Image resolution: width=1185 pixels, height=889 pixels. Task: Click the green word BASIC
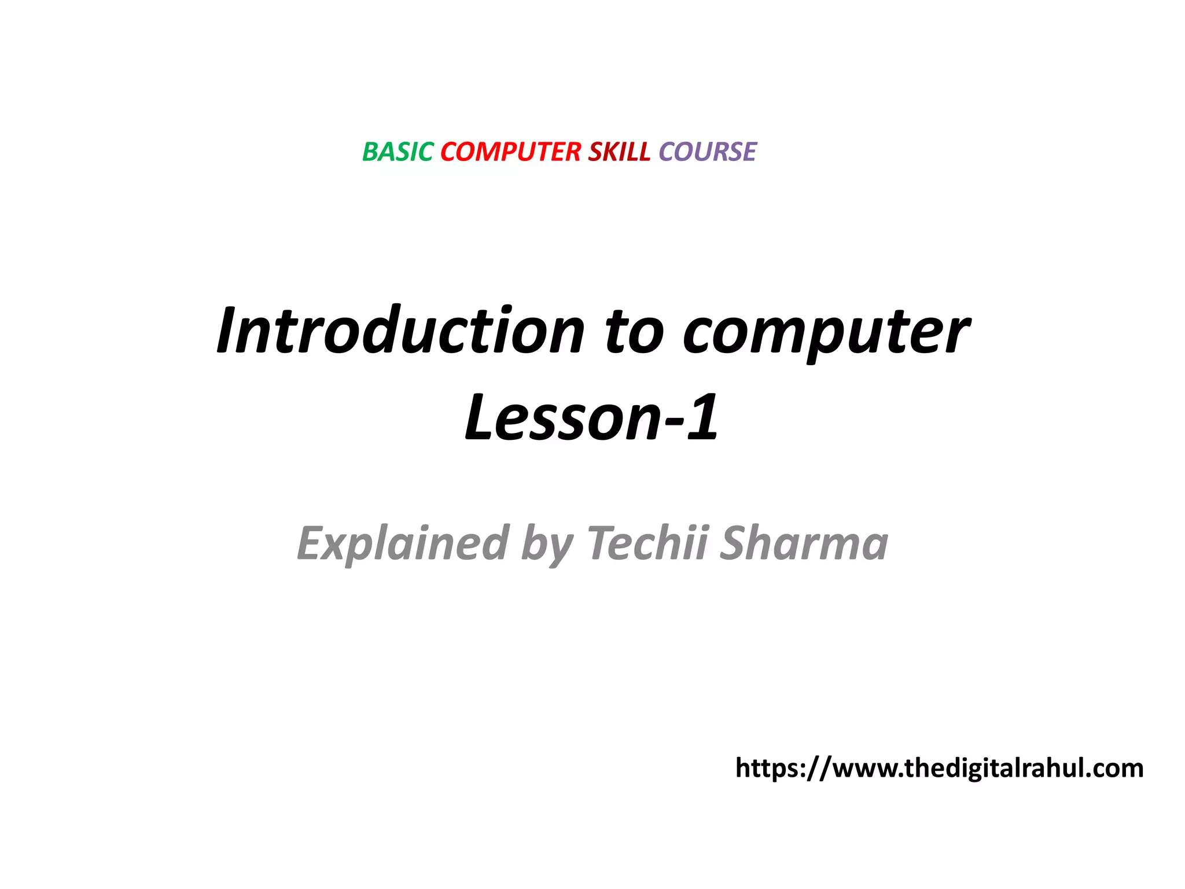[x=398, y=152]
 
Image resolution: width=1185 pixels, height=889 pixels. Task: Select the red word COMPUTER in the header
[x=510, y=152]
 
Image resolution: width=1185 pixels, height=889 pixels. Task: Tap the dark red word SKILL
[x=619, y=152]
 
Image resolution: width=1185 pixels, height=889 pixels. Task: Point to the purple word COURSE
[x=707, y=152]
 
